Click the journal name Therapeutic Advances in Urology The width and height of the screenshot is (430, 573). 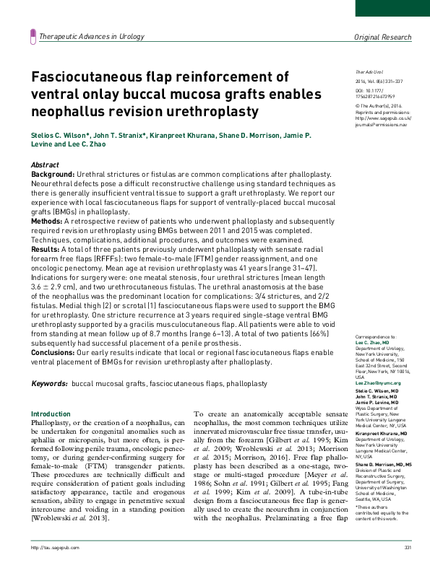pyautogui.click(x=92, y=36)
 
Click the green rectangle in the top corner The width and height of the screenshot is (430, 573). pyautogui.click(x=392, y=8)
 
